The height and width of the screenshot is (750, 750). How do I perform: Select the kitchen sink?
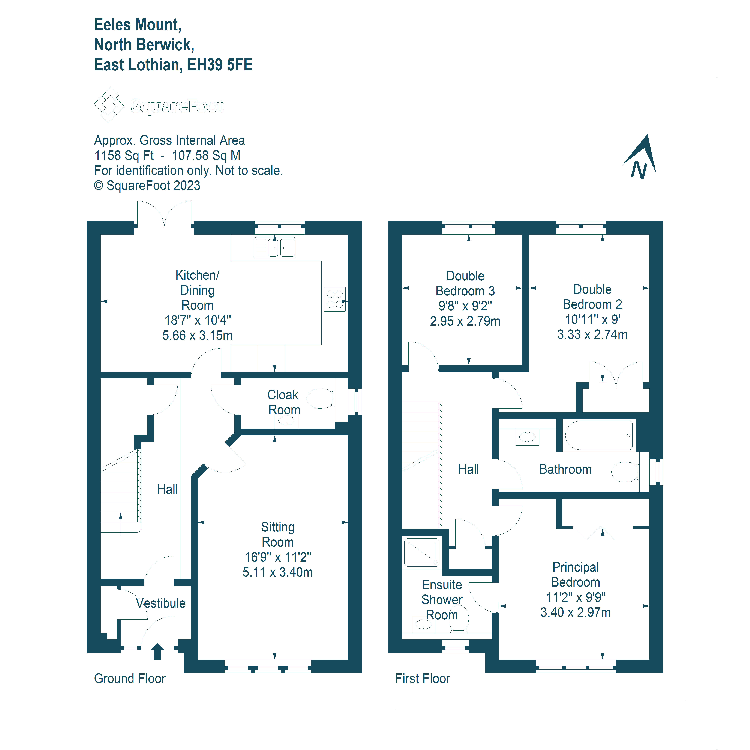(x=275, y=248)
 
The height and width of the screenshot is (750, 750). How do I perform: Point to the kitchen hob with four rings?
(x=335, y=299)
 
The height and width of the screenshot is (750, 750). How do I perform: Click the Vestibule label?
(x=161, y=603)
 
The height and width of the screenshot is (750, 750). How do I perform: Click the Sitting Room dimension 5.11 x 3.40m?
(x=277, y=572)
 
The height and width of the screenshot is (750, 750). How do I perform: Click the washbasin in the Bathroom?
(x=527, y=437)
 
